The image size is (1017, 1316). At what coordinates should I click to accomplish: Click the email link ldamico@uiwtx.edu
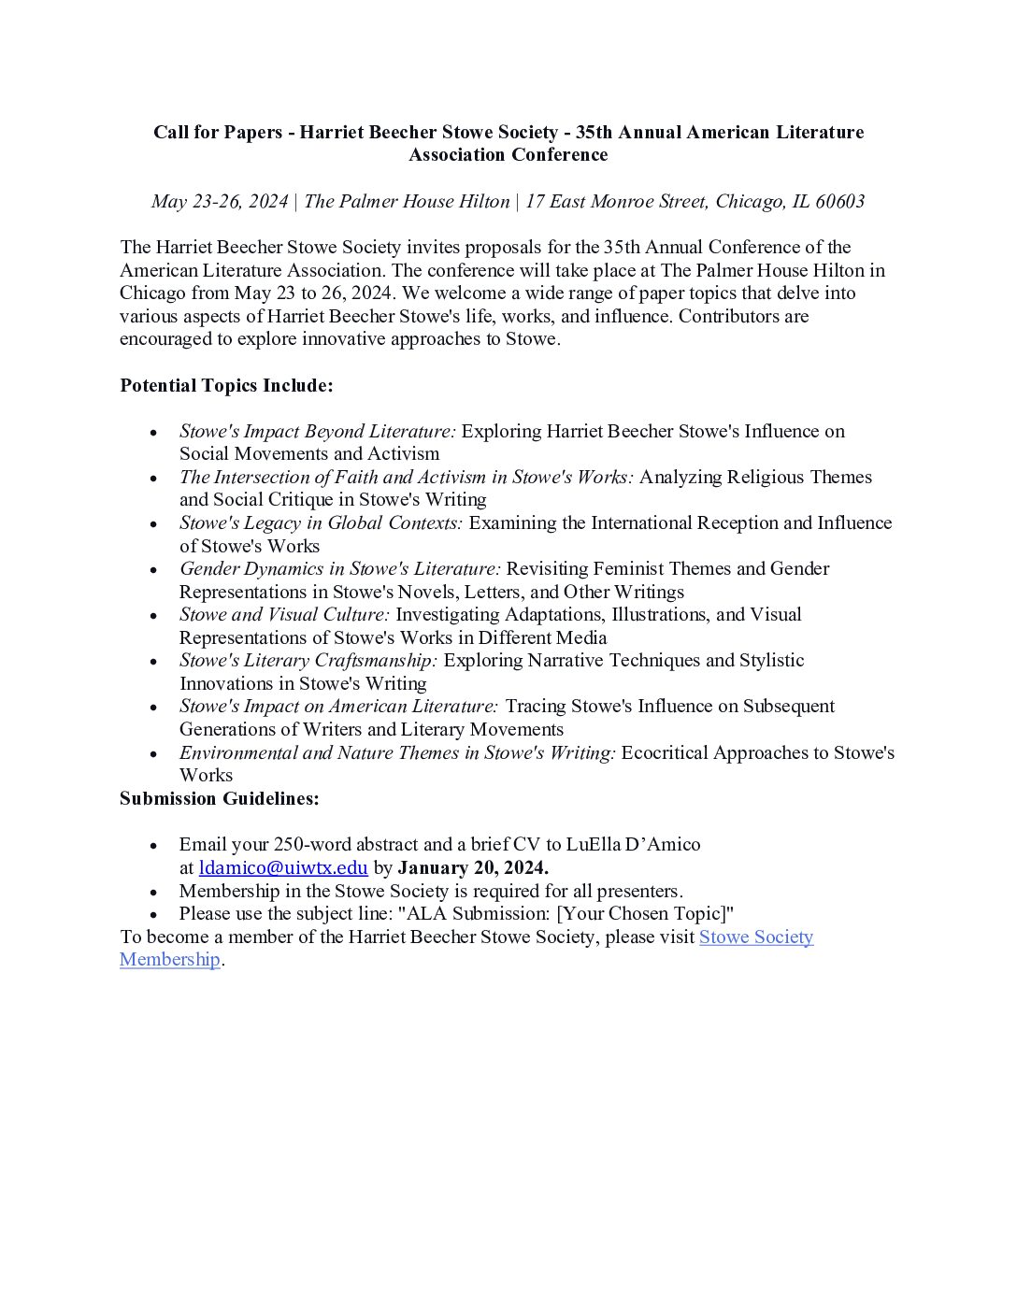click(283, 867)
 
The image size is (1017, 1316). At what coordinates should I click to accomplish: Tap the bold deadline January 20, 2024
click(473, 867)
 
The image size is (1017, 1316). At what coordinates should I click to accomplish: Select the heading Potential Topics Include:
click(226, 385)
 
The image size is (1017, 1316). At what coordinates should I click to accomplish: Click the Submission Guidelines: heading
click(220, 798)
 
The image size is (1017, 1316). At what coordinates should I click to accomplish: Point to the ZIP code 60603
click(839, 201)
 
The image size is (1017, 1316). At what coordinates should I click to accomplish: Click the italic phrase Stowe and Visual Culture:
click(284, 614)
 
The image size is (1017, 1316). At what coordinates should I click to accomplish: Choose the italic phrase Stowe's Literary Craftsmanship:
click(308, 660)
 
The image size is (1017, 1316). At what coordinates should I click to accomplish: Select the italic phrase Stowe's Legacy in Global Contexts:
click(321, 522)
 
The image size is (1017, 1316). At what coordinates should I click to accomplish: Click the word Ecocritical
click(665, 752)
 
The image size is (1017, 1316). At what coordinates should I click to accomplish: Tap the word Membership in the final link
click(170, 959)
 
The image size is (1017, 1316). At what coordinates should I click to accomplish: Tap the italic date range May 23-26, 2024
click(220, 201)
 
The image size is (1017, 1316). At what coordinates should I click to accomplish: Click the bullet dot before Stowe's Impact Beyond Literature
click(153, 432)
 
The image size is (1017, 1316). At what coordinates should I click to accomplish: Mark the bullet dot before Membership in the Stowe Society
click(153, 892)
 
